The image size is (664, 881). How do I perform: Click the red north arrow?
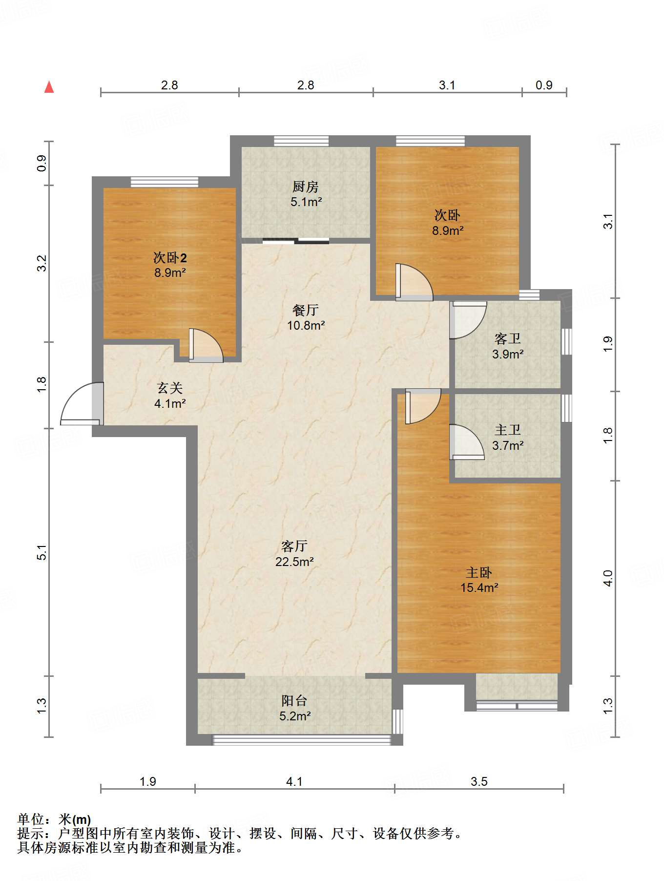tap(49, 87)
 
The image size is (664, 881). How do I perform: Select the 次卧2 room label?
tap(170, 257)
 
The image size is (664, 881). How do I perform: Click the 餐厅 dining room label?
tap(306, 310)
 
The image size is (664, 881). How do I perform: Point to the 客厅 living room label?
tap(294, 546)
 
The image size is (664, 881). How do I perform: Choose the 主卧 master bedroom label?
tap(479, 572)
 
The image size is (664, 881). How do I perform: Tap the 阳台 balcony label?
tap(294, 701)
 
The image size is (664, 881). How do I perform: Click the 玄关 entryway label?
tap(170, 388)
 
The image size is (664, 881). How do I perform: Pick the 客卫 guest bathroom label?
tap(508, 338)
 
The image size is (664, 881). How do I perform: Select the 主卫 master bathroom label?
tap(508, 430)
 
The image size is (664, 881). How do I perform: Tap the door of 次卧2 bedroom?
tap(206, 346)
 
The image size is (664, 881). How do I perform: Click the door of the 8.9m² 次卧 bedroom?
tap(414, 282)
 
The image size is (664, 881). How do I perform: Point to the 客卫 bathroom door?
tap(468, 320)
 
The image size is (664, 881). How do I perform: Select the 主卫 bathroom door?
tap(467, 442)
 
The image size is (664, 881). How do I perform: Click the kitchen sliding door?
tap(296, 240)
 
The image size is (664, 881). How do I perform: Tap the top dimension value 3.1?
tap(447, 85)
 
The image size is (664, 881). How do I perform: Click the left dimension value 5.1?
tap(42, 552)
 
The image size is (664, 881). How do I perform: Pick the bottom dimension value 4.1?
tap(294, 782)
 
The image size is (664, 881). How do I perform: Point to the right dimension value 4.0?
tap(607, 578)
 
